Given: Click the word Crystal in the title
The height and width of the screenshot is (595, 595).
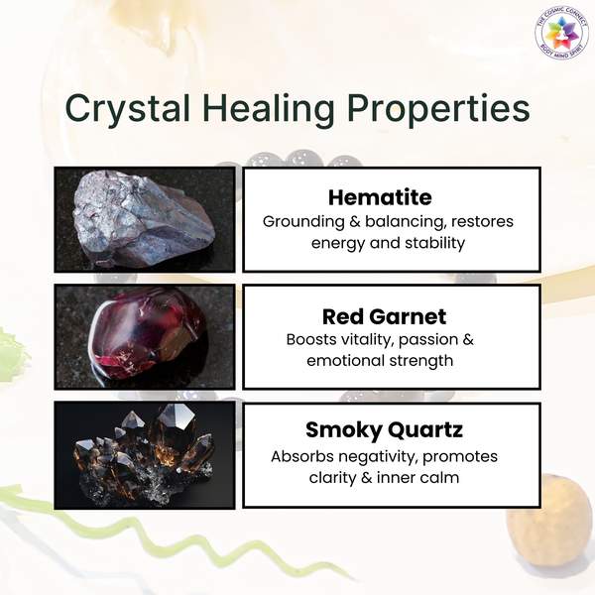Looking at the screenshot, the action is point(128,108).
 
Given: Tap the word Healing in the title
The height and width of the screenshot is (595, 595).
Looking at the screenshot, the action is point(269,108).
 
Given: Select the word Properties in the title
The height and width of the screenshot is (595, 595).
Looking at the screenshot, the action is point(438,108).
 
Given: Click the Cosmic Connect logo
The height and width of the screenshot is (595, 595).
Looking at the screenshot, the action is point(562,34).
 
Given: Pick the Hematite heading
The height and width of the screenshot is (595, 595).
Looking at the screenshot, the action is point(380,197).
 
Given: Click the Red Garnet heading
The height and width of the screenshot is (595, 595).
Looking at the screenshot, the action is point(384,317).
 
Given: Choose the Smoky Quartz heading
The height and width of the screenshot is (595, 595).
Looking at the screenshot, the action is point(384,430).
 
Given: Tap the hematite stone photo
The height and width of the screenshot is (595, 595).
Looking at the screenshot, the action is point(145,219).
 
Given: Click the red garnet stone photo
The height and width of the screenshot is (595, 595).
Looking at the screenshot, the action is point(145,336).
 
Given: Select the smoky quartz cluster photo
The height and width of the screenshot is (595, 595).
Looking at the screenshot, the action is point(145,455).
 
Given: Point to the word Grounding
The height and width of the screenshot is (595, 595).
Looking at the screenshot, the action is point(303,222).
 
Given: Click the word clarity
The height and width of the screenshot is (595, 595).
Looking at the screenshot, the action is point(331,478).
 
